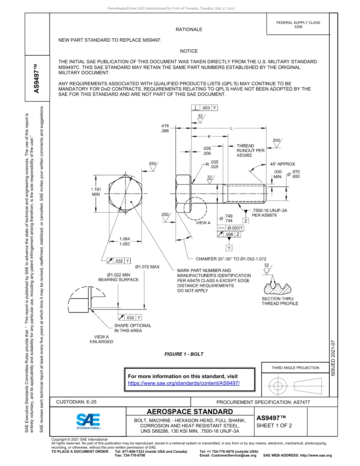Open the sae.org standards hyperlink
coord(184,383)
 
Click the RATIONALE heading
coord(189,30)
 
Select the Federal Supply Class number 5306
coord(298,27)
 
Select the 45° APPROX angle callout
coord(282,164)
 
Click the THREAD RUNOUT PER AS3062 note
coord(250,150)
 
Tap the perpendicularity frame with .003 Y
coord(205,108)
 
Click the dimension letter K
coord(208,136)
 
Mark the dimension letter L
coord(231,128)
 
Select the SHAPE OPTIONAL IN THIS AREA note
coord(133,328)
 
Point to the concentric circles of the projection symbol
coord(278,386)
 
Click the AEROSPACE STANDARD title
coord(190,412)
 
